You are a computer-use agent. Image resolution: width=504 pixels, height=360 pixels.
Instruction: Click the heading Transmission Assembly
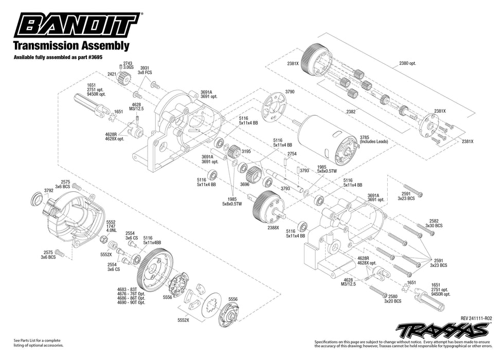click(x=70, y=46)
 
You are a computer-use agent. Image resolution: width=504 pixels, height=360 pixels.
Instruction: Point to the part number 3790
click(x=290, y=92)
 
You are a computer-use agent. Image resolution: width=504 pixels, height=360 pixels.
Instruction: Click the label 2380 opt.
click(x=407, y=63)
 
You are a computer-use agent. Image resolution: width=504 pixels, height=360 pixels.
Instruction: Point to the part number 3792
click(x=49, y=190)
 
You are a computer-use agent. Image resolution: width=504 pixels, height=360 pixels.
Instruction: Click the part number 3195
click(x=246, y=152)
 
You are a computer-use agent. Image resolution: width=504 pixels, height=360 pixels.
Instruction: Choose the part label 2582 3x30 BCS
click(x=434, y=223)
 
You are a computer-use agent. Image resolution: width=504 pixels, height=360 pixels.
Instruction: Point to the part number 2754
click(x=292, y=154)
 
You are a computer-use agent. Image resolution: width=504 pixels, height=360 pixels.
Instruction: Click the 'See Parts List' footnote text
click(x=39, y=343)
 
